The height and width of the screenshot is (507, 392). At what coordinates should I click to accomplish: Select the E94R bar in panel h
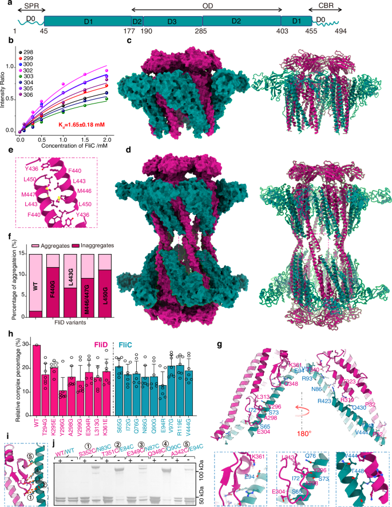tap(164, 402)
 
